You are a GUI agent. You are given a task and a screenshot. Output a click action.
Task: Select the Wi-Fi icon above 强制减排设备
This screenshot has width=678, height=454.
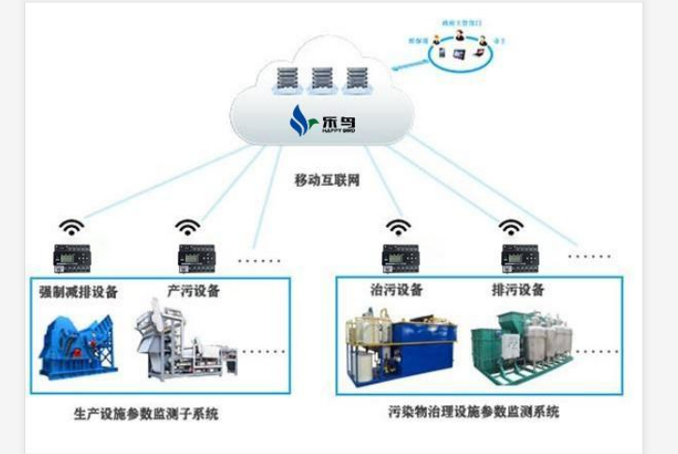click(71, 227)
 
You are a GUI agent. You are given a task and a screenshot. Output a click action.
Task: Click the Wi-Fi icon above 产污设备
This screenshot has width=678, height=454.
click(187, 227)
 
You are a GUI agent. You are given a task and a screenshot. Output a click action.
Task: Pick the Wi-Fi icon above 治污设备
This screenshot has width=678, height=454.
click(400, 227)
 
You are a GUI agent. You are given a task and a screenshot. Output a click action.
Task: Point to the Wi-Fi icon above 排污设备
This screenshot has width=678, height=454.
click(510, 227)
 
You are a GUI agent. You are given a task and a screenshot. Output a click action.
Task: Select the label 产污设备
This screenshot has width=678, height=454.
click(194, 292)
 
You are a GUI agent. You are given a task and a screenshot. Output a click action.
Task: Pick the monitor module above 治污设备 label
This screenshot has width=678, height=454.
click(401, 255)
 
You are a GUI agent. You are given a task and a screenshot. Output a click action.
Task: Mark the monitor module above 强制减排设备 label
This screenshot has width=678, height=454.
click(71, 255)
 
